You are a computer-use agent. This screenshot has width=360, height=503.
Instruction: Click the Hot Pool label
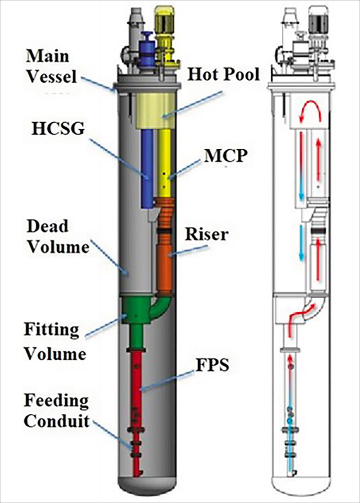223,74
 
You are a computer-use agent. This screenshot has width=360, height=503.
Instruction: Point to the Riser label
207,234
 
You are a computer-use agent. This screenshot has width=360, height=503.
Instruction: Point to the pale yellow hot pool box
156,111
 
